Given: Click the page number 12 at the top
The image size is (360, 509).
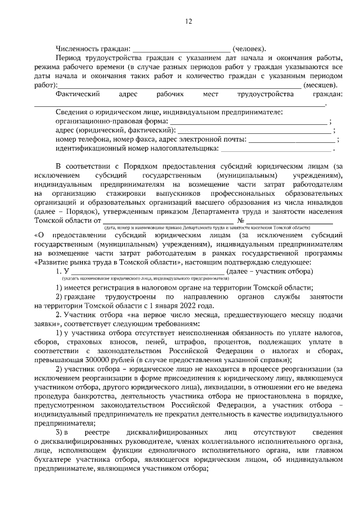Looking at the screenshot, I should (x=188, y=21).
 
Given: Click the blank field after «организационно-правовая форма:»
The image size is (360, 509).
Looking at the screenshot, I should (x=248, y=121).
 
